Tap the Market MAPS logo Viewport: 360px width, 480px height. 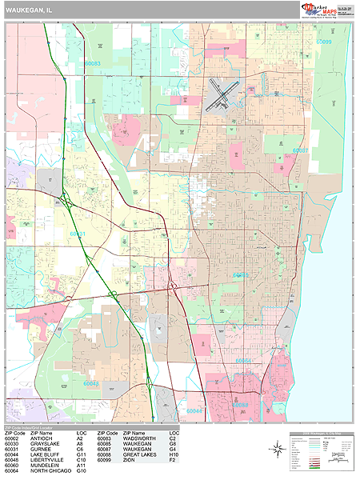318,9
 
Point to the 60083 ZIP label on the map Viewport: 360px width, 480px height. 93,62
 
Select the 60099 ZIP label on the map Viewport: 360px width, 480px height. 323,41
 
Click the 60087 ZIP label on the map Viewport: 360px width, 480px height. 300,150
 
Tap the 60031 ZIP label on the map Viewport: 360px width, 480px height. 78,234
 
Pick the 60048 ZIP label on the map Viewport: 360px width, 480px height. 91,383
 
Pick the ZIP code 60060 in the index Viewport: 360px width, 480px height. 11,466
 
